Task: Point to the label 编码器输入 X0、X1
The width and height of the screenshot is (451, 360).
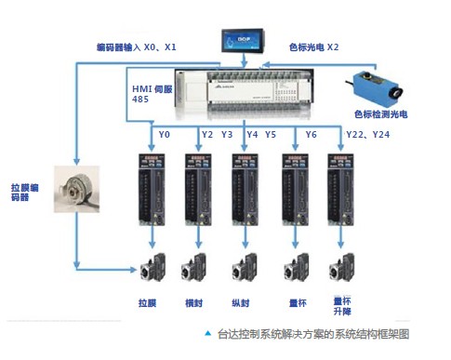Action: click(x=137, y=46)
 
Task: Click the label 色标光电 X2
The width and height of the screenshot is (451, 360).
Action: click(x=313, y=46)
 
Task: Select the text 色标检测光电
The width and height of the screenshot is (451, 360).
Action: click(x=379, y=114)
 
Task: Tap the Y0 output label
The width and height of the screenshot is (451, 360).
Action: click(x=165, y=135)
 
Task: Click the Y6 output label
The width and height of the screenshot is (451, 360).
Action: click(x=311, y=135)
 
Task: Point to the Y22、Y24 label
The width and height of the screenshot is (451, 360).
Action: click(x=369, y=135)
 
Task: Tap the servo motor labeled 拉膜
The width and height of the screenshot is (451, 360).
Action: click(x=148, y=267)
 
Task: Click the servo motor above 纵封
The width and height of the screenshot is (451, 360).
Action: click(x=244, y=267)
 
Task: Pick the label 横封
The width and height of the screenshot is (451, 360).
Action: click(x=194, y=302)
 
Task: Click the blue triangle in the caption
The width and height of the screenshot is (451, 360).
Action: click(x=206, y=332)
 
